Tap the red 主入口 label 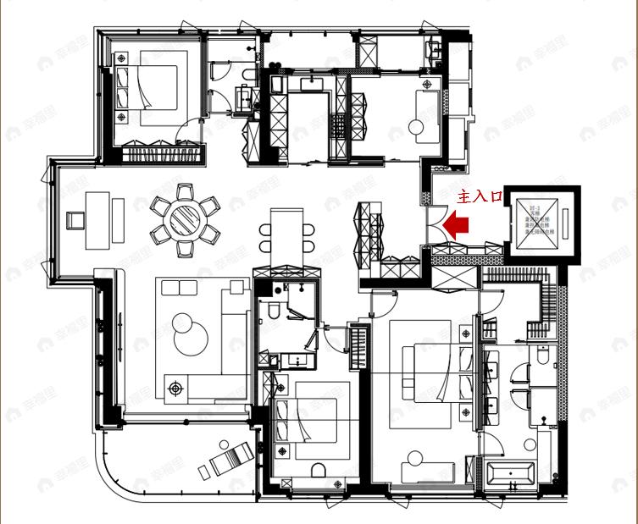[x=480, y=196]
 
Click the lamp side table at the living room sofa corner [x=176, y=389]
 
